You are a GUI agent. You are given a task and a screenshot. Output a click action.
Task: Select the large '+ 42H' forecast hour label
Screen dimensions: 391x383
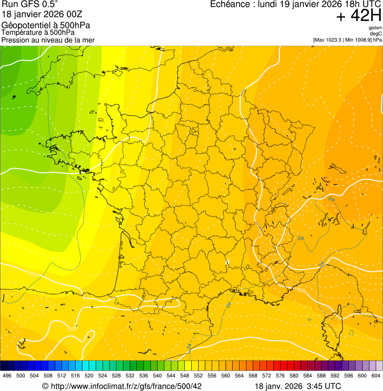pos(359,16)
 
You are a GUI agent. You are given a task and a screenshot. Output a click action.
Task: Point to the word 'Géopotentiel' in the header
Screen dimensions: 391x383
pos(24,25)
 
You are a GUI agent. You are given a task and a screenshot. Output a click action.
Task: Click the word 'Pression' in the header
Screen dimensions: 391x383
pos(15,40)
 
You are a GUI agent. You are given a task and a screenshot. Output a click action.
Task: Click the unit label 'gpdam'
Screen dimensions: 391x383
pos(375,28)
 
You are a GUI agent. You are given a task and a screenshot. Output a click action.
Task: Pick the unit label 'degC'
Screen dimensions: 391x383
pos(376,34)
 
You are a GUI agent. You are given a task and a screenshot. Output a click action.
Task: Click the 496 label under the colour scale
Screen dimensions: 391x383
pos(7,376)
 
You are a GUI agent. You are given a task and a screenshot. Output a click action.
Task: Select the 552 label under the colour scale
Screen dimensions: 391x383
pos(198,376)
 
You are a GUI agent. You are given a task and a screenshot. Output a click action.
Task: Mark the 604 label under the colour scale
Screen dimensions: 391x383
pos(376,376)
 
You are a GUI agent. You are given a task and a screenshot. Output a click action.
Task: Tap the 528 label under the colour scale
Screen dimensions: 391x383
pos(116,376)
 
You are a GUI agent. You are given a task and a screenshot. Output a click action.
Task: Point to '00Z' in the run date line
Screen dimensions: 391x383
pos(81,14)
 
